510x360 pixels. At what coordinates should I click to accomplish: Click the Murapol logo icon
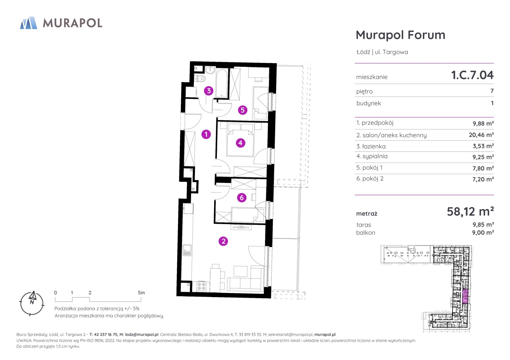tap(29, 23)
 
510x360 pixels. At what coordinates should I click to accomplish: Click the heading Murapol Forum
tap(400, 35)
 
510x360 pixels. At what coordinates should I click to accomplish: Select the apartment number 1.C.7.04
tap(472, 75)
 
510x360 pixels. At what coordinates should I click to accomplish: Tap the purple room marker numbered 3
tap(209, 91)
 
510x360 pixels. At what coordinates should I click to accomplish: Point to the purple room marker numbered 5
tap(243, 110)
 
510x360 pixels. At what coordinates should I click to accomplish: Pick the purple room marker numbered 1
tap(206, 134)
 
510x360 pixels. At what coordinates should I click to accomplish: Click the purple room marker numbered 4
tap(240, 143)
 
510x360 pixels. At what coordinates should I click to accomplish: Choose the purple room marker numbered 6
tap(242, 198)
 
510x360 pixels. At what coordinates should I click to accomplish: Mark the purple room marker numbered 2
tap(223, 241)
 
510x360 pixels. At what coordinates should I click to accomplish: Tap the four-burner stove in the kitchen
tap(201, 286)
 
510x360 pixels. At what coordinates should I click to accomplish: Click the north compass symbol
tap(32, 303)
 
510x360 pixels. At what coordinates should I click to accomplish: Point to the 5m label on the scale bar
tap(141, 293)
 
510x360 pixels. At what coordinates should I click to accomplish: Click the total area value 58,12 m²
tap(470, 211)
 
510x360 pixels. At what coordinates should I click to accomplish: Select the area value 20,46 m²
tap(481, 135)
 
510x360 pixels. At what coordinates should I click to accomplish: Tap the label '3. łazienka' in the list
tap(371, 146)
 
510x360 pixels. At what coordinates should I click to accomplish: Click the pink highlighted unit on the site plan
tap(465, 296)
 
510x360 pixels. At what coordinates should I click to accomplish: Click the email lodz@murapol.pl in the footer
tap(142, 334)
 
